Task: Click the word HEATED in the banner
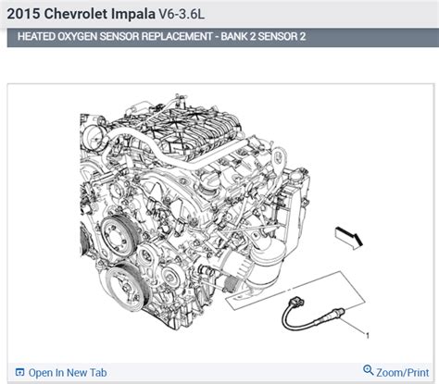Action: coord(40,37)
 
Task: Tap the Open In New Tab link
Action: coord(68,373)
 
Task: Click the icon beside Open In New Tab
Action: coord(19,373)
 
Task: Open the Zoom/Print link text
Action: coord(404,373)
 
